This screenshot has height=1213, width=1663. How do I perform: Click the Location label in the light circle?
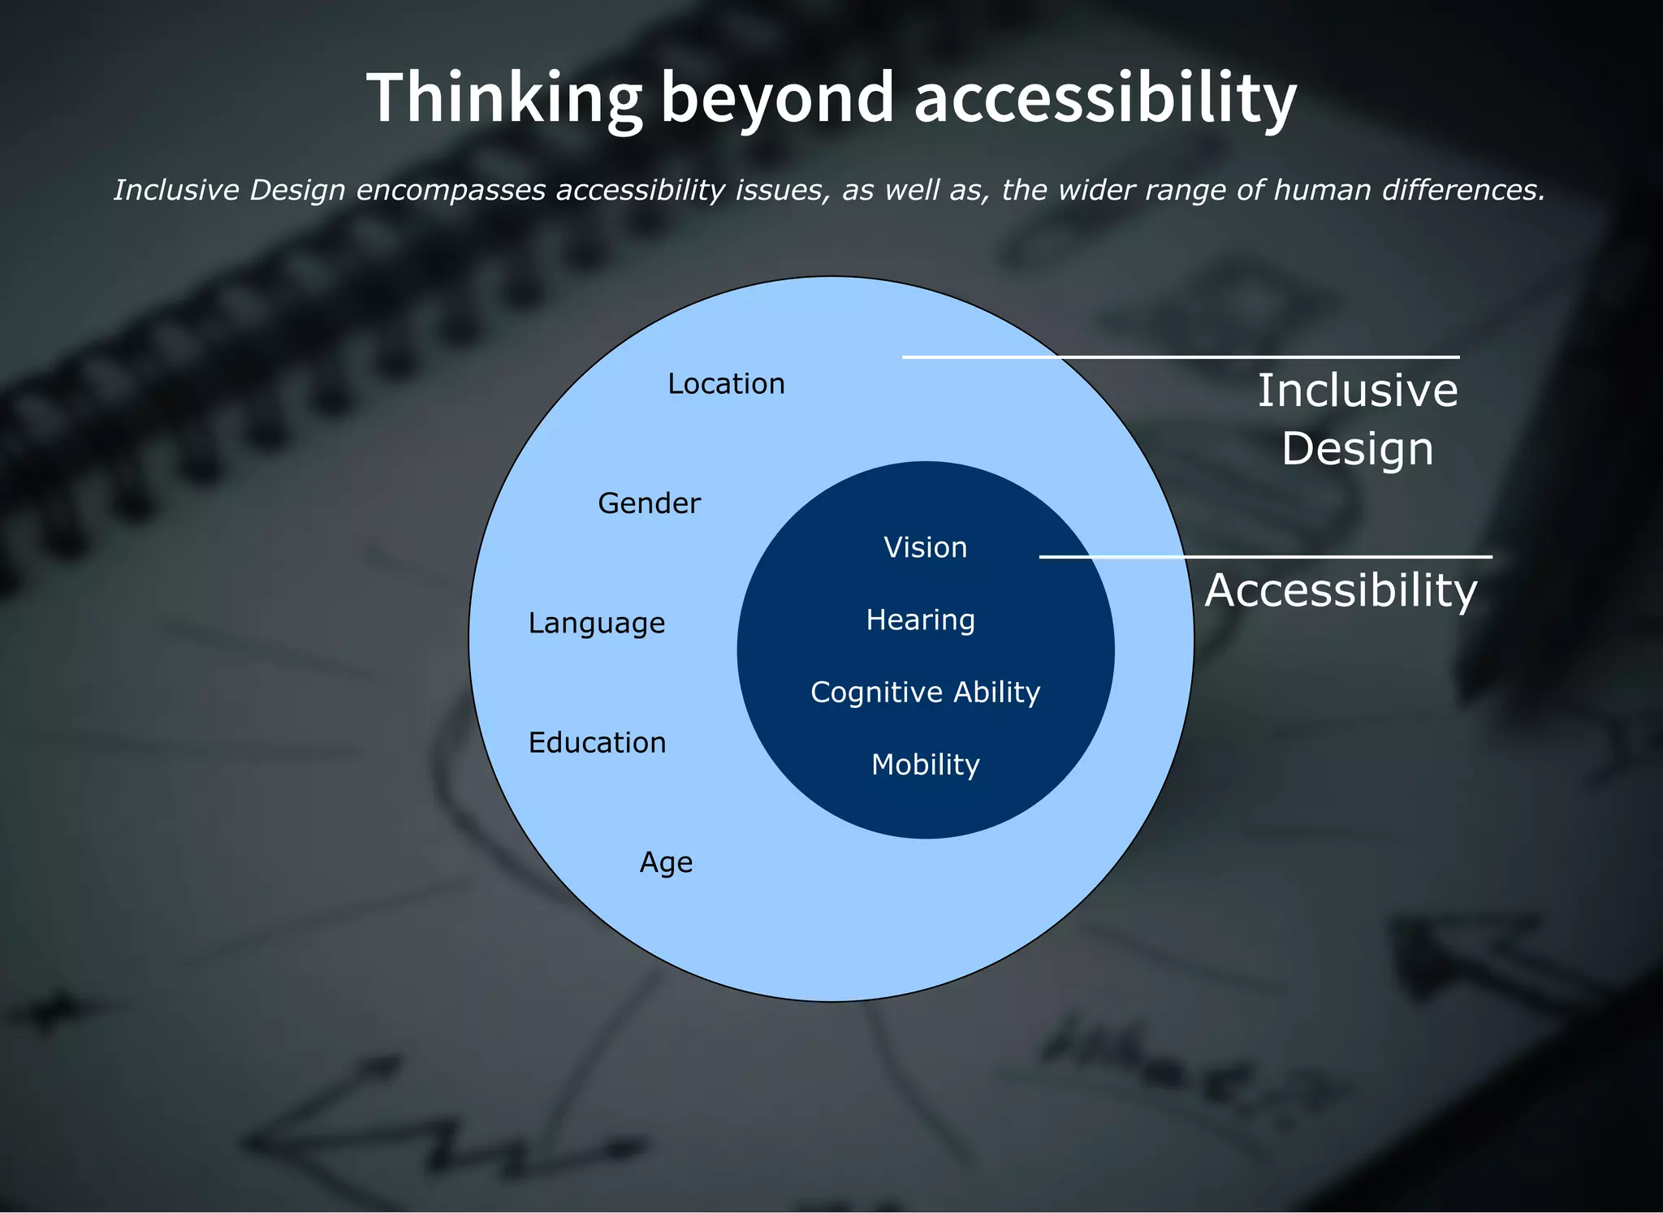(726, 384)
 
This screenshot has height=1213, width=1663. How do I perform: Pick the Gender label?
(649, 503)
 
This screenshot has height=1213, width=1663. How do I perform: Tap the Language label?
(596, 624)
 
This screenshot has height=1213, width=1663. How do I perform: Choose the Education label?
(597, 743)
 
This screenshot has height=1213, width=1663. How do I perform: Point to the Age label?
(666, 862)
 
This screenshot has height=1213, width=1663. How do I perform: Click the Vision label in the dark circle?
(925, 548)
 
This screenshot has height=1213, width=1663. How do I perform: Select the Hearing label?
(920, 620)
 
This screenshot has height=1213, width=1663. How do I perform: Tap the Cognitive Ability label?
(925, 693)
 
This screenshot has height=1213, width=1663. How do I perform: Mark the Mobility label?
(925, 765)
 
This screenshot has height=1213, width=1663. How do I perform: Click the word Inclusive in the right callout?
(1358, 391)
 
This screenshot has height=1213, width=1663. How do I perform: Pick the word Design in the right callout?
(1358, 449)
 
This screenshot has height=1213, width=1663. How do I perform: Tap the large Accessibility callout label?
(1341, 590)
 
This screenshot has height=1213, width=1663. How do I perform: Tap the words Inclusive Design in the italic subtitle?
(231, 190)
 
